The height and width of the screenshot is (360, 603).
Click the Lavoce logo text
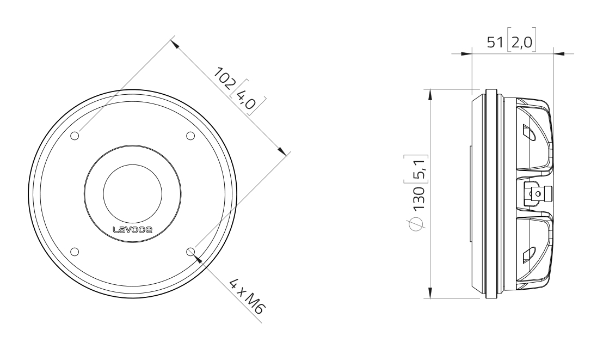(132, 229)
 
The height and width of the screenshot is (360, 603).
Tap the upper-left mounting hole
(75, 136)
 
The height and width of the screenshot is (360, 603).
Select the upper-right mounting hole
(190, 136)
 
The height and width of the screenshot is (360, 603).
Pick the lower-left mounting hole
(75, 252)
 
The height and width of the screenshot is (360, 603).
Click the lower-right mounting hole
(190, 252)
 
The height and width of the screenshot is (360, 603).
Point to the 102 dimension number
(225, 78)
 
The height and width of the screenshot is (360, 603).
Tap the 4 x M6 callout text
(247, 296)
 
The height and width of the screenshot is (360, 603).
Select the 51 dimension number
(495, 42)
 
